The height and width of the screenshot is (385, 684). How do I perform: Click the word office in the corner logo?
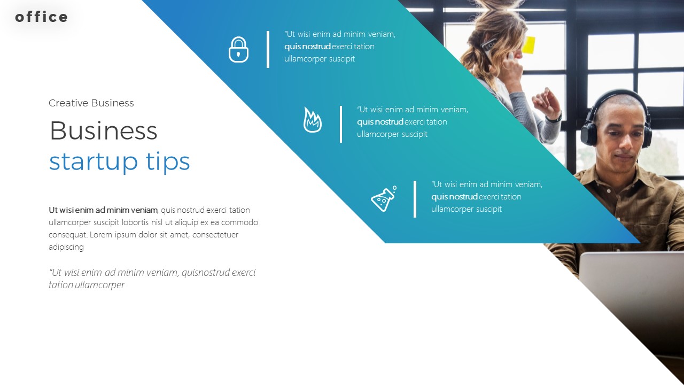(42, 17)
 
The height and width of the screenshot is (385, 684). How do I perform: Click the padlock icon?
(238, 50)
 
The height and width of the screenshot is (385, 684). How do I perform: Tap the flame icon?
(312, 120)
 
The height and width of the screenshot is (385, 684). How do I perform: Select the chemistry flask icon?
(384, 199)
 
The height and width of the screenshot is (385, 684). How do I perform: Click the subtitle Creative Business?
(91, 103)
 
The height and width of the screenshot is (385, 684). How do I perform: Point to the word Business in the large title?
(103, 131)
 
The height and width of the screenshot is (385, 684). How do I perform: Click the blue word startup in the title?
(93, 161)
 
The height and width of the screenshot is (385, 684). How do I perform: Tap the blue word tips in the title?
(168, 161)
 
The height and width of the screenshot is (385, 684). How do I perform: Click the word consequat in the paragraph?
(68, 235)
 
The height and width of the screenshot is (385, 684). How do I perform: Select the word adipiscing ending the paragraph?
(66, 247)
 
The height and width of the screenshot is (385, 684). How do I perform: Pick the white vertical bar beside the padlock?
(268, 49)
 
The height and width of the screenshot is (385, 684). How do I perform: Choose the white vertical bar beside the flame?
(341, 124)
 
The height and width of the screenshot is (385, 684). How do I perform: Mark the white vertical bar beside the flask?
(415, 199)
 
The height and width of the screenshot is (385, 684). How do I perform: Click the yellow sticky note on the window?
(528, 45)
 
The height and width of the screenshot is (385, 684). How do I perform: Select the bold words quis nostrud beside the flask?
(454, 197)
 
